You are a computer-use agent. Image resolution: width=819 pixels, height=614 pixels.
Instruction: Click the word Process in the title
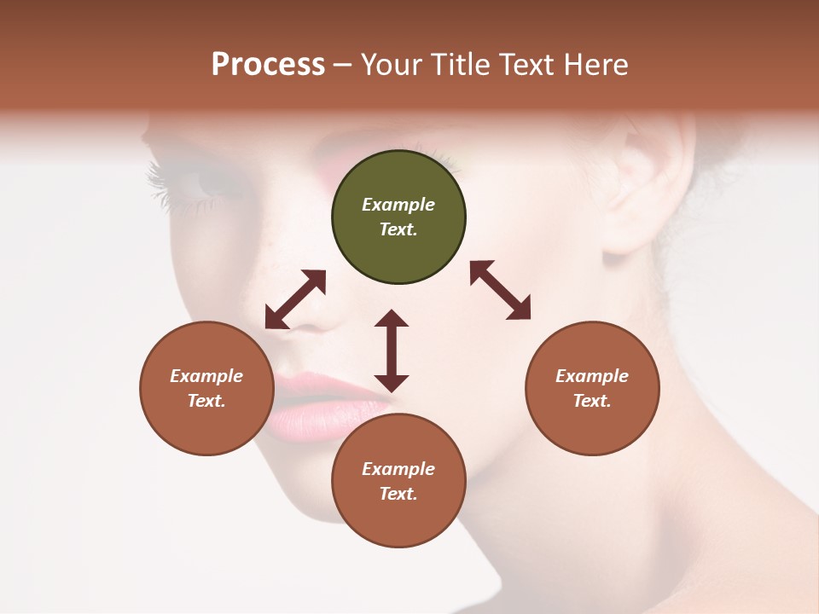tap(268, 65)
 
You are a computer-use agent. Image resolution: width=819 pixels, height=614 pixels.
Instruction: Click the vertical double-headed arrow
tap(392, 350)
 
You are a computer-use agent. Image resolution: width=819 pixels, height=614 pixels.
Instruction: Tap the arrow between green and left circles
tap(295, 299)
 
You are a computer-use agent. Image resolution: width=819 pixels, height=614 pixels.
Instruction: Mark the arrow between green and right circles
tap(500, 290)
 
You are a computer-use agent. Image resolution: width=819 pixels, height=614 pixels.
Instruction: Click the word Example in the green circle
tap(398, 205)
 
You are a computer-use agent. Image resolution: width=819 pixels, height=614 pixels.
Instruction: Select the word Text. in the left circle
tap(206, 401)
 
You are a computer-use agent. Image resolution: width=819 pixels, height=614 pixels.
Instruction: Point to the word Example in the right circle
tap(592, 376)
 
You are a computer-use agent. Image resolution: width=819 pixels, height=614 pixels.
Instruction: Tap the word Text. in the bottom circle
tap(398, 494)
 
